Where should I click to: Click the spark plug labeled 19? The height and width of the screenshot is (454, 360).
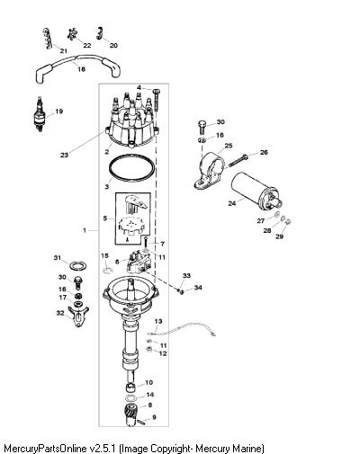point(39,114)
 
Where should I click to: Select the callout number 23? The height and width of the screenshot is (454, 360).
point(65,156)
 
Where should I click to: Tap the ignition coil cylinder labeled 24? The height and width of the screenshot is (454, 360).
point(256,191)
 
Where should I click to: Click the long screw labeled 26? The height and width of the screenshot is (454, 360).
point(238,161)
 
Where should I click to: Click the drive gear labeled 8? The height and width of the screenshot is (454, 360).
point(130,414)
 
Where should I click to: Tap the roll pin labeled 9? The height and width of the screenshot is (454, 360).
point(142,422)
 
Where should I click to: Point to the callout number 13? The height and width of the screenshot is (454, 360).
point(158,321)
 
